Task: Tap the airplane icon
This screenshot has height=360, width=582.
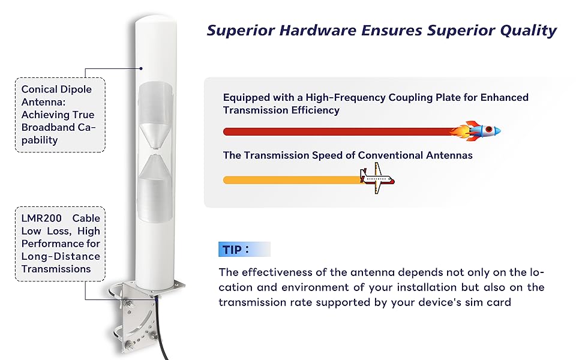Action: click(x=377, y=179)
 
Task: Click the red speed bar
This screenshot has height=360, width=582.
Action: click(x=338, y=131)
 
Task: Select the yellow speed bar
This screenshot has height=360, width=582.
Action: click(x=292, y=180)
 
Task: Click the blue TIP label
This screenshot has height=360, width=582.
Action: click(x=244, y=250)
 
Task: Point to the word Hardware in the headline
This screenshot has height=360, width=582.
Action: click(x=318, y=31)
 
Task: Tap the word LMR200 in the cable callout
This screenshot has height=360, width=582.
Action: click(x=41, y=218)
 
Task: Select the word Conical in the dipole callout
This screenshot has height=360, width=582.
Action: click(x=38, y=89)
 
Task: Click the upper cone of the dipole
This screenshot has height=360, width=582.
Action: click(x=155, y=136)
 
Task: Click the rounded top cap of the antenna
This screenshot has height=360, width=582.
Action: click(x=156, y=21)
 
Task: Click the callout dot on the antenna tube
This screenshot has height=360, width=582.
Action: click(x=141, y=68)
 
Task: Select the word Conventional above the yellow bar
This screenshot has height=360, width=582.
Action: click(x=390, y=155)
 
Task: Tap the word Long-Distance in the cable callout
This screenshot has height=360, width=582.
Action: click(x=61, y=256)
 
